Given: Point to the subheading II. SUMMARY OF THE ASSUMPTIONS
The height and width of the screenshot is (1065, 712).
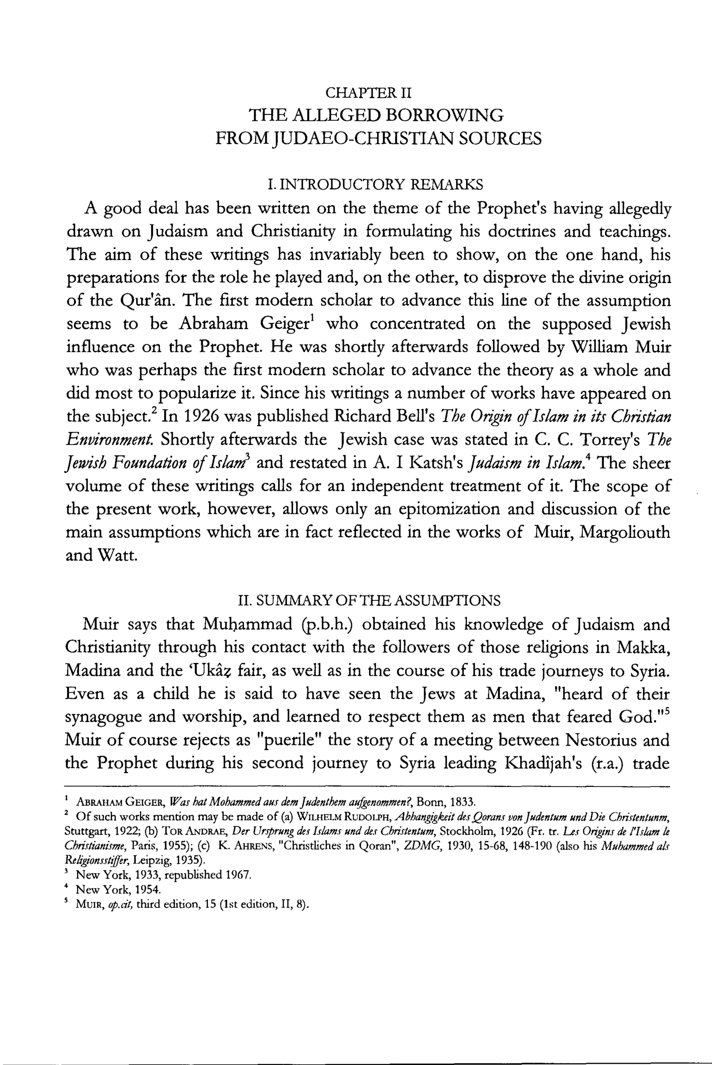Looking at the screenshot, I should (x=369, y=600).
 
